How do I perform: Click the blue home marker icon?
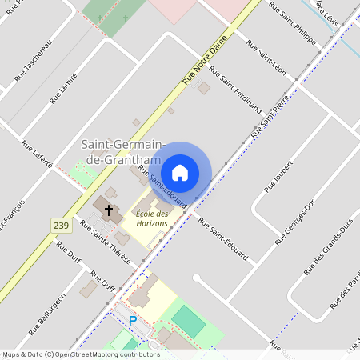pyautogui.click(x=180, y=172)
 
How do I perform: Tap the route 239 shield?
pyautogui.click(x=60, y=226)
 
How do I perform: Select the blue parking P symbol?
pyautogui.click(x=133, y=321)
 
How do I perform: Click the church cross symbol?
pyautogui.click(x=108, y=210)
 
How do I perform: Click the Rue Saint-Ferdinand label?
pyautogui.click(x=235, y=88)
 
